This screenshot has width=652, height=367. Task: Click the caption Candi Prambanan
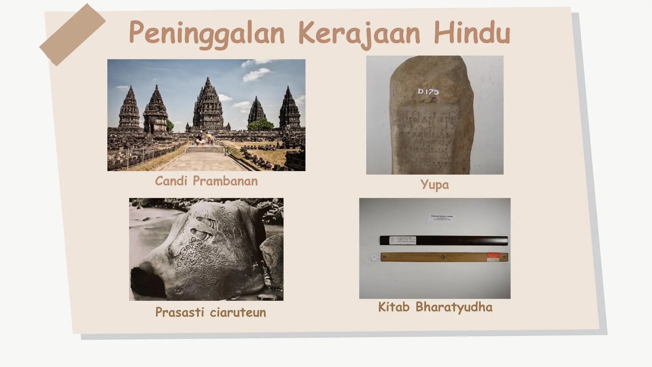(206, 181)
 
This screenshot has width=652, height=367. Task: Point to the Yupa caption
(435, 184)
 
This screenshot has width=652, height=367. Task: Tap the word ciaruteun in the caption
(238, 312)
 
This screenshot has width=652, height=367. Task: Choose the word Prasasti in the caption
(180, 312)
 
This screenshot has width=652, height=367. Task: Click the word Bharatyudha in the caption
(454, 307)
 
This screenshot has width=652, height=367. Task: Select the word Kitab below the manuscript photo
(393, 307)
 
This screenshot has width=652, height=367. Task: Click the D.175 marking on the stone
(428, 92)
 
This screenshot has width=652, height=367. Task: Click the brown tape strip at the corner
(73, 34)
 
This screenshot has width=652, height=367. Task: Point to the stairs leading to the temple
(205, 149)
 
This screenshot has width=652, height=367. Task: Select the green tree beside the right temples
(260, 125)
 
